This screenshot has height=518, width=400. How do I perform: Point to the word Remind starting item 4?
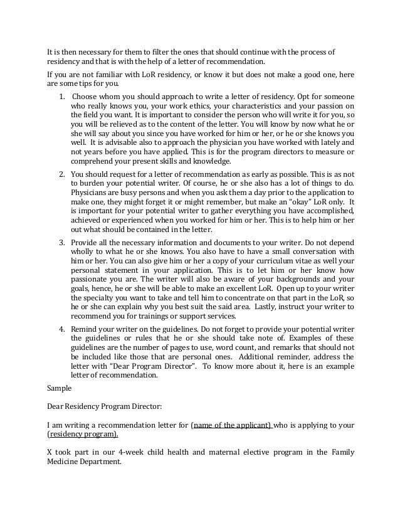pyautogui.click(x=85, y=328)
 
